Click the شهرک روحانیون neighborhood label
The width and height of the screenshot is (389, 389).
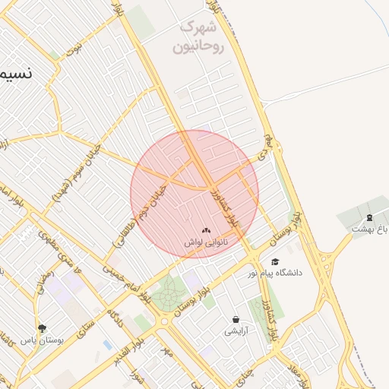pyautogui.click(x=199, y=37)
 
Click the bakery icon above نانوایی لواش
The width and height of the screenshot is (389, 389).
pyautogui.click(x=207, y=230)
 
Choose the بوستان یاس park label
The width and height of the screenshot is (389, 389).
pyautogui.click(x=42, y=340)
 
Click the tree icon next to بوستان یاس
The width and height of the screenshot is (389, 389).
pyautogui.click(x=41, y=328)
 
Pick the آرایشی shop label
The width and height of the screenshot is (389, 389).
pyautogui.click(x=236, y=331)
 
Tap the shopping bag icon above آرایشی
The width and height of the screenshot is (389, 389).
pyautogui.click(x=236, y=320)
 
